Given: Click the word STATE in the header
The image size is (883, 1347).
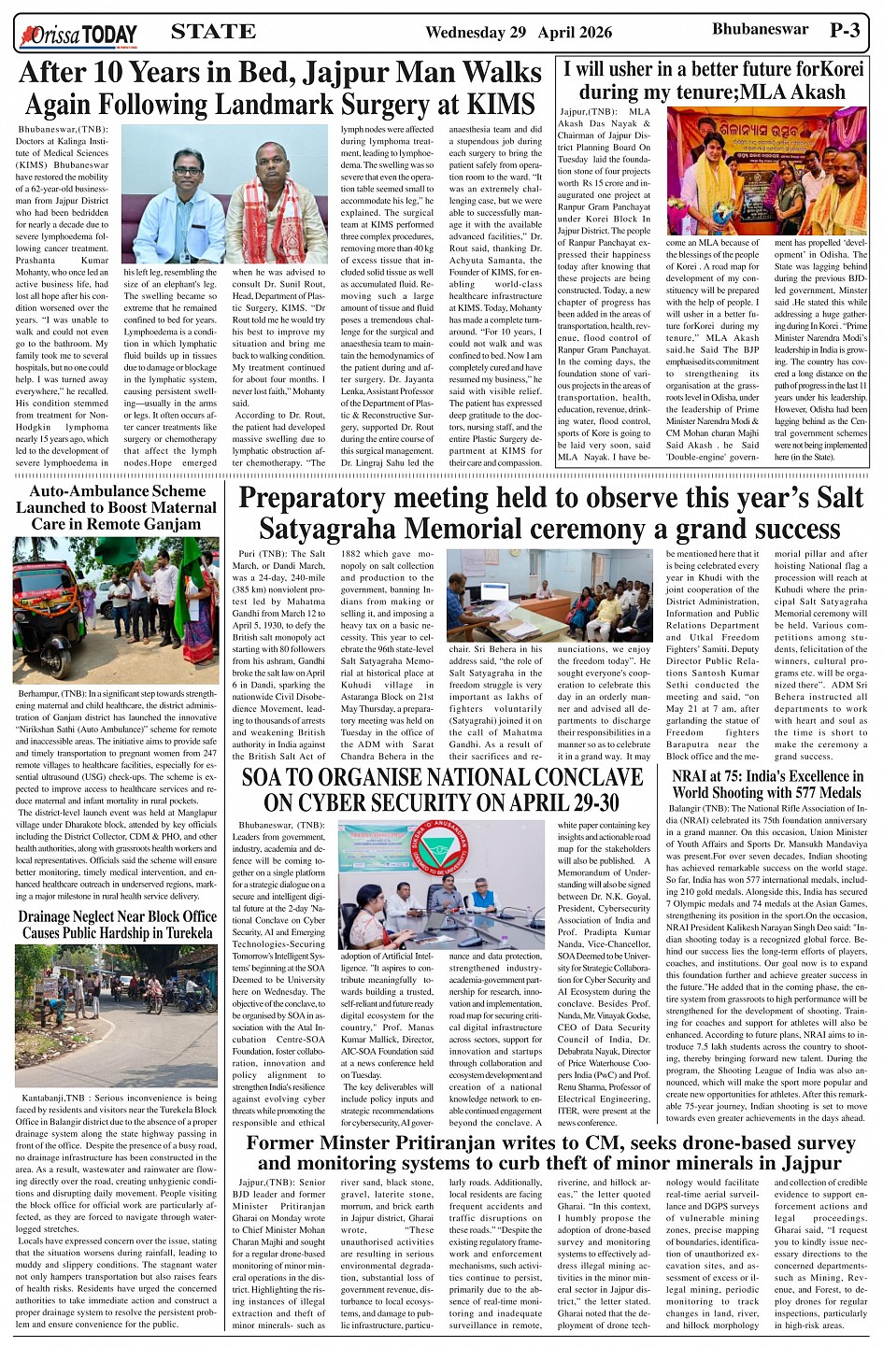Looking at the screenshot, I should (213, 32).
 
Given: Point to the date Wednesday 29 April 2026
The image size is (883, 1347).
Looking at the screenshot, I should (519, 33).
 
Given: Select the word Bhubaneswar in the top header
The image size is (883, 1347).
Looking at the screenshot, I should (760, 30).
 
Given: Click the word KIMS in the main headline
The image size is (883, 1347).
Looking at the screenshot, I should (504, 104).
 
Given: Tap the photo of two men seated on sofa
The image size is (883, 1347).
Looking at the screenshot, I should (224, 193).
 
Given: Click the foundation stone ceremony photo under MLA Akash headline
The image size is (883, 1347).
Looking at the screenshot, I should (766, 171).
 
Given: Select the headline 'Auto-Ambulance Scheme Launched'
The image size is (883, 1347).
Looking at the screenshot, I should (117, 507).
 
